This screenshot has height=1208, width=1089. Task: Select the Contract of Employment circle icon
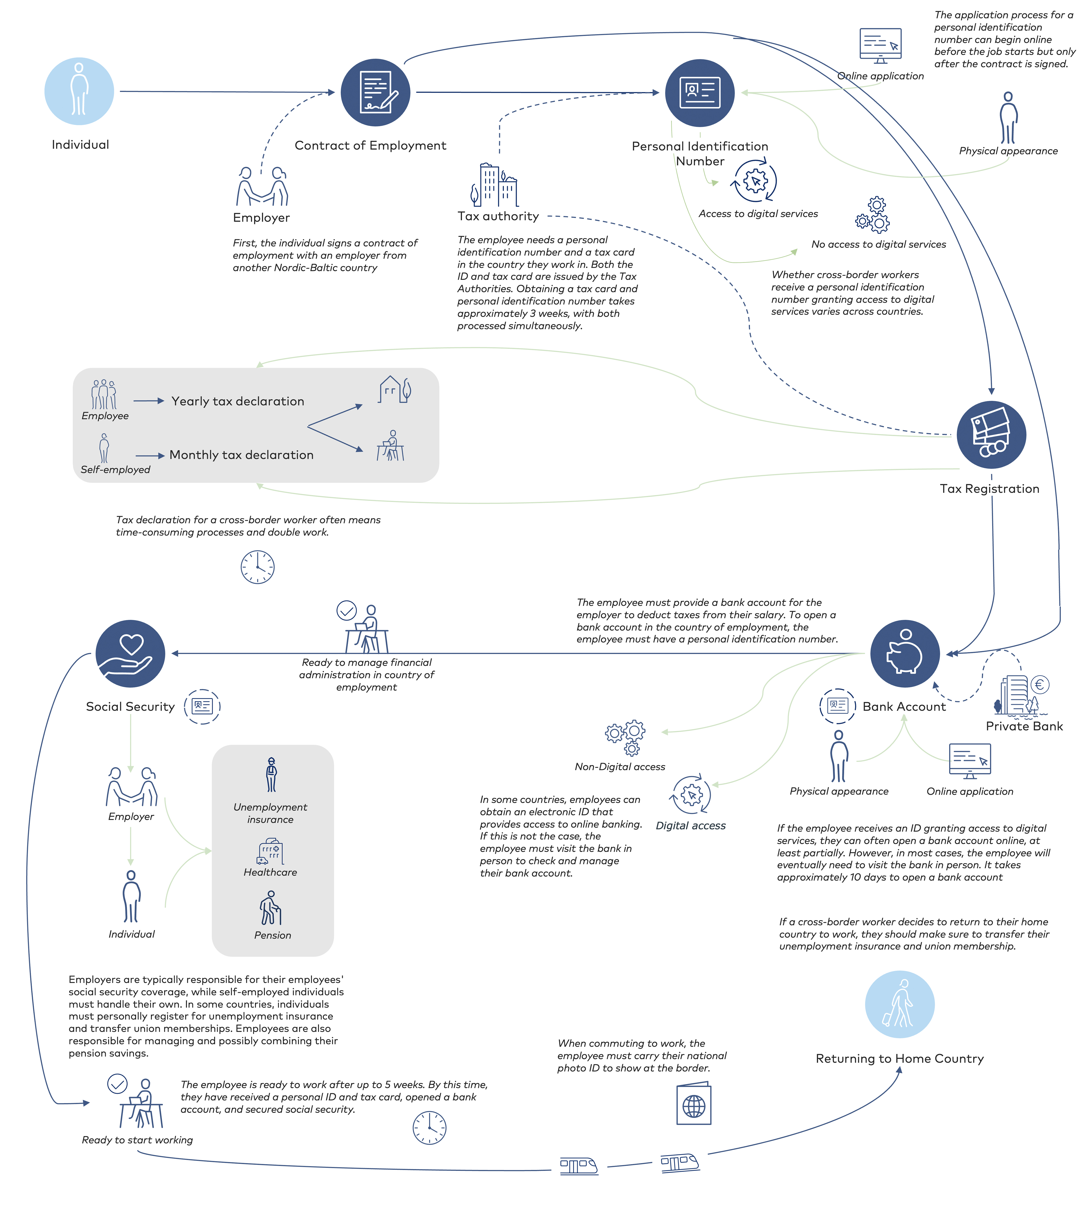point(375,93)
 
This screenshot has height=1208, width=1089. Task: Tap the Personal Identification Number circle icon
point(699,93)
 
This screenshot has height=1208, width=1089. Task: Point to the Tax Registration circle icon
point(991,435)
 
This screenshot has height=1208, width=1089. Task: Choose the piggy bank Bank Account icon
point(905,654)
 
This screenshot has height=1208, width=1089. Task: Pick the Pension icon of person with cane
point(270,908)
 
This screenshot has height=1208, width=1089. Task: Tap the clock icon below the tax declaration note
point(257,567)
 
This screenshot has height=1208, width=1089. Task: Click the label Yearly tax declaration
point(237,401)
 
